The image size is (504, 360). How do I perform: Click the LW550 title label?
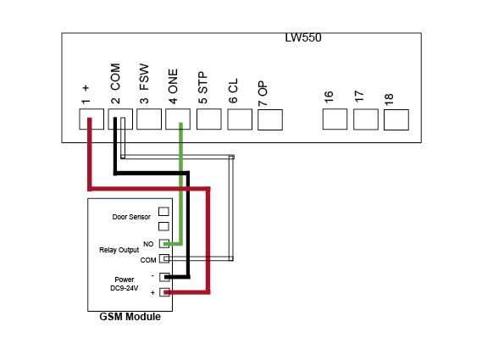pos(303,37)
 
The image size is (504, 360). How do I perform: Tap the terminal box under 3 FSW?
pos(149,119)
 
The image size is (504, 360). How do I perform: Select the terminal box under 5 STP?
pos(209,119)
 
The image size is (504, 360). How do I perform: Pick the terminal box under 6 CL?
pos(240,119)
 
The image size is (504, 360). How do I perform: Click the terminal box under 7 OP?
pos(270,120)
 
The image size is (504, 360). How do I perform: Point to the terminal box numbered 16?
pos(335,119)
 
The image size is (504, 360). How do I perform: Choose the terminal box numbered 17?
pos(366,119)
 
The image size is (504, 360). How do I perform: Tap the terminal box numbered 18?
pos(396,120)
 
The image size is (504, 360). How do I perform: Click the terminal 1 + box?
pos(91,119)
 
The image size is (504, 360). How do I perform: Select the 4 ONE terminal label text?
pos(173,86)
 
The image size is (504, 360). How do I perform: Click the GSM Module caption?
pos(130,317)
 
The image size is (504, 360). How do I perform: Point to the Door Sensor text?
pos(131,217)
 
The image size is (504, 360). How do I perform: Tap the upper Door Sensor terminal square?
pos(164,212)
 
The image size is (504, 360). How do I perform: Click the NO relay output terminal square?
pos(164,244)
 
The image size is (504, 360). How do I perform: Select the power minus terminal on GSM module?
pos(164,277)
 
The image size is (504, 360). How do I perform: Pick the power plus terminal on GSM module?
pos(164,292)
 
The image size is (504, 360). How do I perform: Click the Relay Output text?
pos(119,250)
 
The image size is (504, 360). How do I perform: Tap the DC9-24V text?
pos(125,288)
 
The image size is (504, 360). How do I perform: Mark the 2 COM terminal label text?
pos(115,84)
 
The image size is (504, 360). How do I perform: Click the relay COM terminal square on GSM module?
pos(164,258)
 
